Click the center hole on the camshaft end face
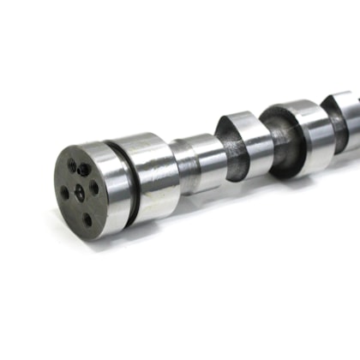[x=79, y=191]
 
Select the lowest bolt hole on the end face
[x=87, y=219]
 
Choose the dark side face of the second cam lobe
[x=279, y=141]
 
